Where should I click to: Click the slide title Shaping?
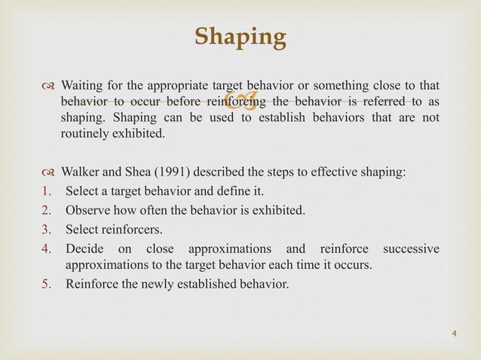click(x=240, y=37)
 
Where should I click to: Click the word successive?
click(x=411, y=249)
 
